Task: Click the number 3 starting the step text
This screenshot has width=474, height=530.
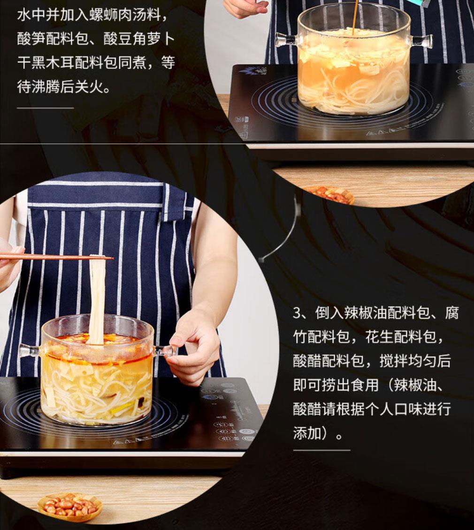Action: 298,313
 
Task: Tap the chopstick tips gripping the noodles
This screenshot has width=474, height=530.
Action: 101,258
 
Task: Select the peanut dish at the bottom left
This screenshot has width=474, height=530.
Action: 69,506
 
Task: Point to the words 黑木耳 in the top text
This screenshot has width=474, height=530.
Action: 54,63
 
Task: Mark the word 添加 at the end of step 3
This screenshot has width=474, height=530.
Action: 307,433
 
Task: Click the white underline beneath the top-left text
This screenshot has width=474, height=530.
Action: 45,108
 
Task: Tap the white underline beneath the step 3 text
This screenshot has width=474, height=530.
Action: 321,450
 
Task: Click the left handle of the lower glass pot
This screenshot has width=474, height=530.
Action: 31,350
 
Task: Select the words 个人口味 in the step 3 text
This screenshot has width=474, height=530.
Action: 394,409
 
